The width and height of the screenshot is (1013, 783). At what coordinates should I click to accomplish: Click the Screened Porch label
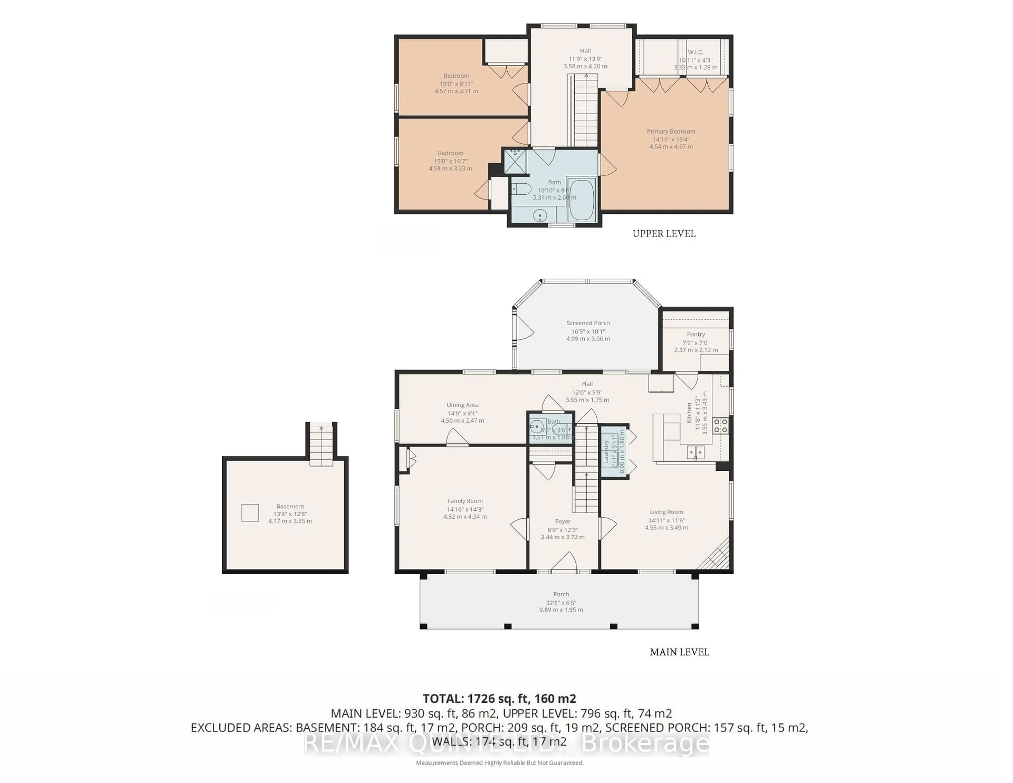[x=588, y=323]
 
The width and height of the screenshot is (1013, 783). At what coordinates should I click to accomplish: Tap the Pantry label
[x=696, y=334]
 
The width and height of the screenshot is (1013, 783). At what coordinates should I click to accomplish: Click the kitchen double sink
[x=695, y=452]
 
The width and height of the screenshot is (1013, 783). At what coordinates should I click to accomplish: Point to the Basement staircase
[x=321, y=445]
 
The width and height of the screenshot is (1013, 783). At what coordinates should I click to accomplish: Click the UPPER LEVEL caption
[x=664, y=234]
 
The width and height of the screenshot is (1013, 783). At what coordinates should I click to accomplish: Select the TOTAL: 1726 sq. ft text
[x=499, y=699]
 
